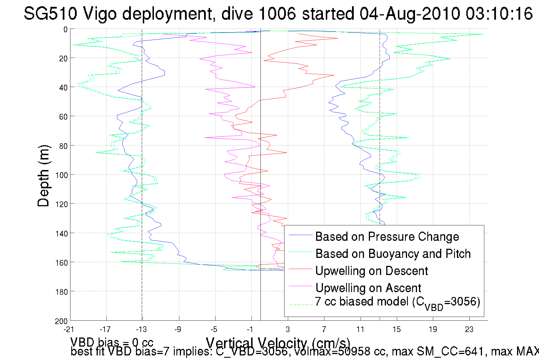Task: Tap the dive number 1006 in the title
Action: [277, 14]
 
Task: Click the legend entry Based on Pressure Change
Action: [387, 237]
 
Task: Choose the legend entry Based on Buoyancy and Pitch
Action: [393, 254]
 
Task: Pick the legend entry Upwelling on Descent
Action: [372, 271]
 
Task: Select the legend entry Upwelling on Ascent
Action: [368, 288]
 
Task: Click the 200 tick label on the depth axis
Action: [62, 321]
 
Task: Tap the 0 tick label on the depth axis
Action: [66, 29]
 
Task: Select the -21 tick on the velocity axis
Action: [69, 329]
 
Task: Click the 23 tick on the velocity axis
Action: [469, 329]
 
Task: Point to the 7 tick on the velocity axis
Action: [324, 329]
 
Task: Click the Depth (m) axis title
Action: [44, 176]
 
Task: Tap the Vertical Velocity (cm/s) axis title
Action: [278, 342]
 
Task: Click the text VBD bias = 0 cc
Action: [112, 342]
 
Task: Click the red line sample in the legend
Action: [301, 269]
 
